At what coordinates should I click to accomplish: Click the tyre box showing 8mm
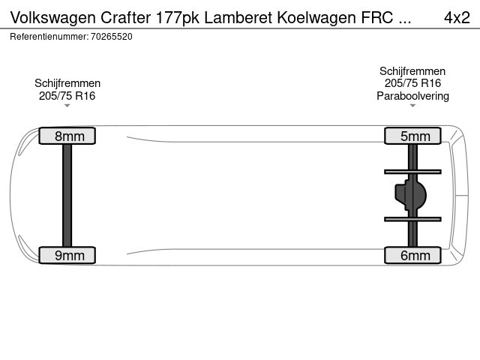coord(67,136)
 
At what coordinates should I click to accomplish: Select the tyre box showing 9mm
coord(67,255)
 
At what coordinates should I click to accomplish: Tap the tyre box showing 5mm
coord(412,136)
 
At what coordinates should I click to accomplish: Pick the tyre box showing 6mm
coord(412,255)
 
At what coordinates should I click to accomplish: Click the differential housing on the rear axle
coord(410,195)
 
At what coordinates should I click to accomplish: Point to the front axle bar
coord(67,195)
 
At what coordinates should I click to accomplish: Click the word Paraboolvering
coord(412,96)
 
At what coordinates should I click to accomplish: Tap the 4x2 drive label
coord(457,17)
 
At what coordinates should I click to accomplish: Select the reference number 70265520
coord(112,37)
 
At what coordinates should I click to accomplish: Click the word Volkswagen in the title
coord(53,18)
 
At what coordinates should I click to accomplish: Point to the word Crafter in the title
coord(125,17)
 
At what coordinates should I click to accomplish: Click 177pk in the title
coord(178,18)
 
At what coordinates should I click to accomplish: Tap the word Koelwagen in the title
coord(316,18)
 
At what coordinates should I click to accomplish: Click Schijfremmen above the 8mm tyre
coord(67,83)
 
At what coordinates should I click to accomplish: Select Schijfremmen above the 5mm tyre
coord(412,71)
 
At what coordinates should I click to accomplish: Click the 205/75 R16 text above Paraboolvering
coord(412,83)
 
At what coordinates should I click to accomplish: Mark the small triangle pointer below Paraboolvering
coord(412,106)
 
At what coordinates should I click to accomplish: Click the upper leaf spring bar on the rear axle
coord(412,172)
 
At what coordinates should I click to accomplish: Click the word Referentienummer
coord(49,37)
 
